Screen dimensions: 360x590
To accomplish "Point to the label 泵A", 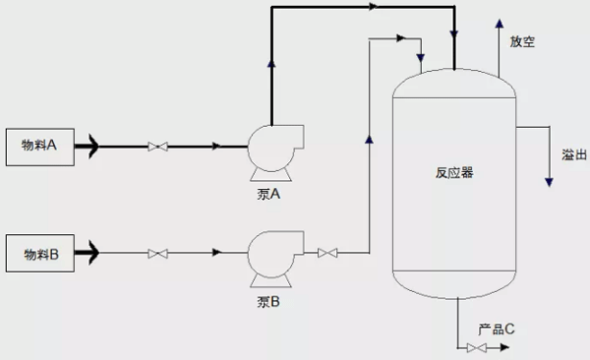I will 268,194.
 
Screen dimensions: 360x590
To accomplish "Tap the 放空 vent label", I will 522,43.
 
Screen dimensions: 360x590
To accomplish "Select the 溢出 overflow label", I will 574,154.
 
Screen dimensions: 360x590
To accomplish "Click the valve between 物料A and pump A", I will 156,148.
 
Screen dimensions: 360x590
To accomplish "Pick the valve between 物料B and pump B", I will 156,254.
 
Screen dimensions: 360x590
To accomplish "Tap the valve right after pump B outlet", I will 328,254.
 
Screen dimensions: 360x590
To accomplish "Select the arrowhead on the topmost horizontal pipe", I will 372,8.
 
